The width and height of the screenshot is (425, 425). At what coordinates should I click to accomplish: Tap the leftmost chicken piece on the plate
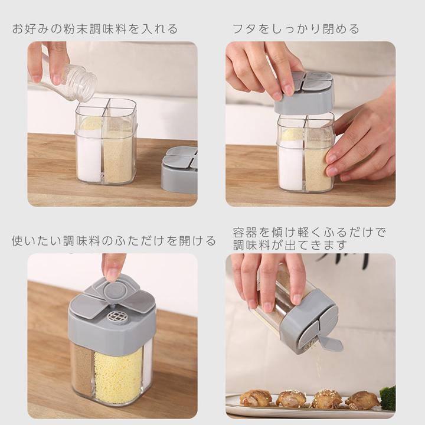[x=256, y=398]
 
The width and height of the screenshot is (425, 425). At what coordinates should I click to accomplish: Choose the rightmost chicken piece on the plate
[x=362, y=400]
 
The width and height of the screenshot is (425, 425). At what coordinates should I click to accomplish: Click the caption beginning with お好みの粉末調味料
[x=95, y=29]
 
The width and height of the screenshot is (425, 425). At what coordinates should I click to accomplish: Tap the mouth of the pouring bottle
[x=90, y=83]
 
